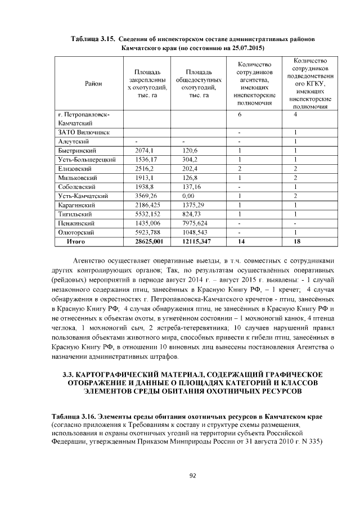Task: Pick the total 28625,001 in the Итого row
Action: click(x=149, y=241)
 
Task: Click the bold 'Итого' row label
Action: click(x=75, y=241)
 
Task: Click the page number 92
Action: click(x=192, y=476)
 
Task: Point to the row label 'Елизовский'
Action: click(x=75, y=169)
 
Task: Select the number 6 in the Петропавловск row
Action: click(x=240, y=114)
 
